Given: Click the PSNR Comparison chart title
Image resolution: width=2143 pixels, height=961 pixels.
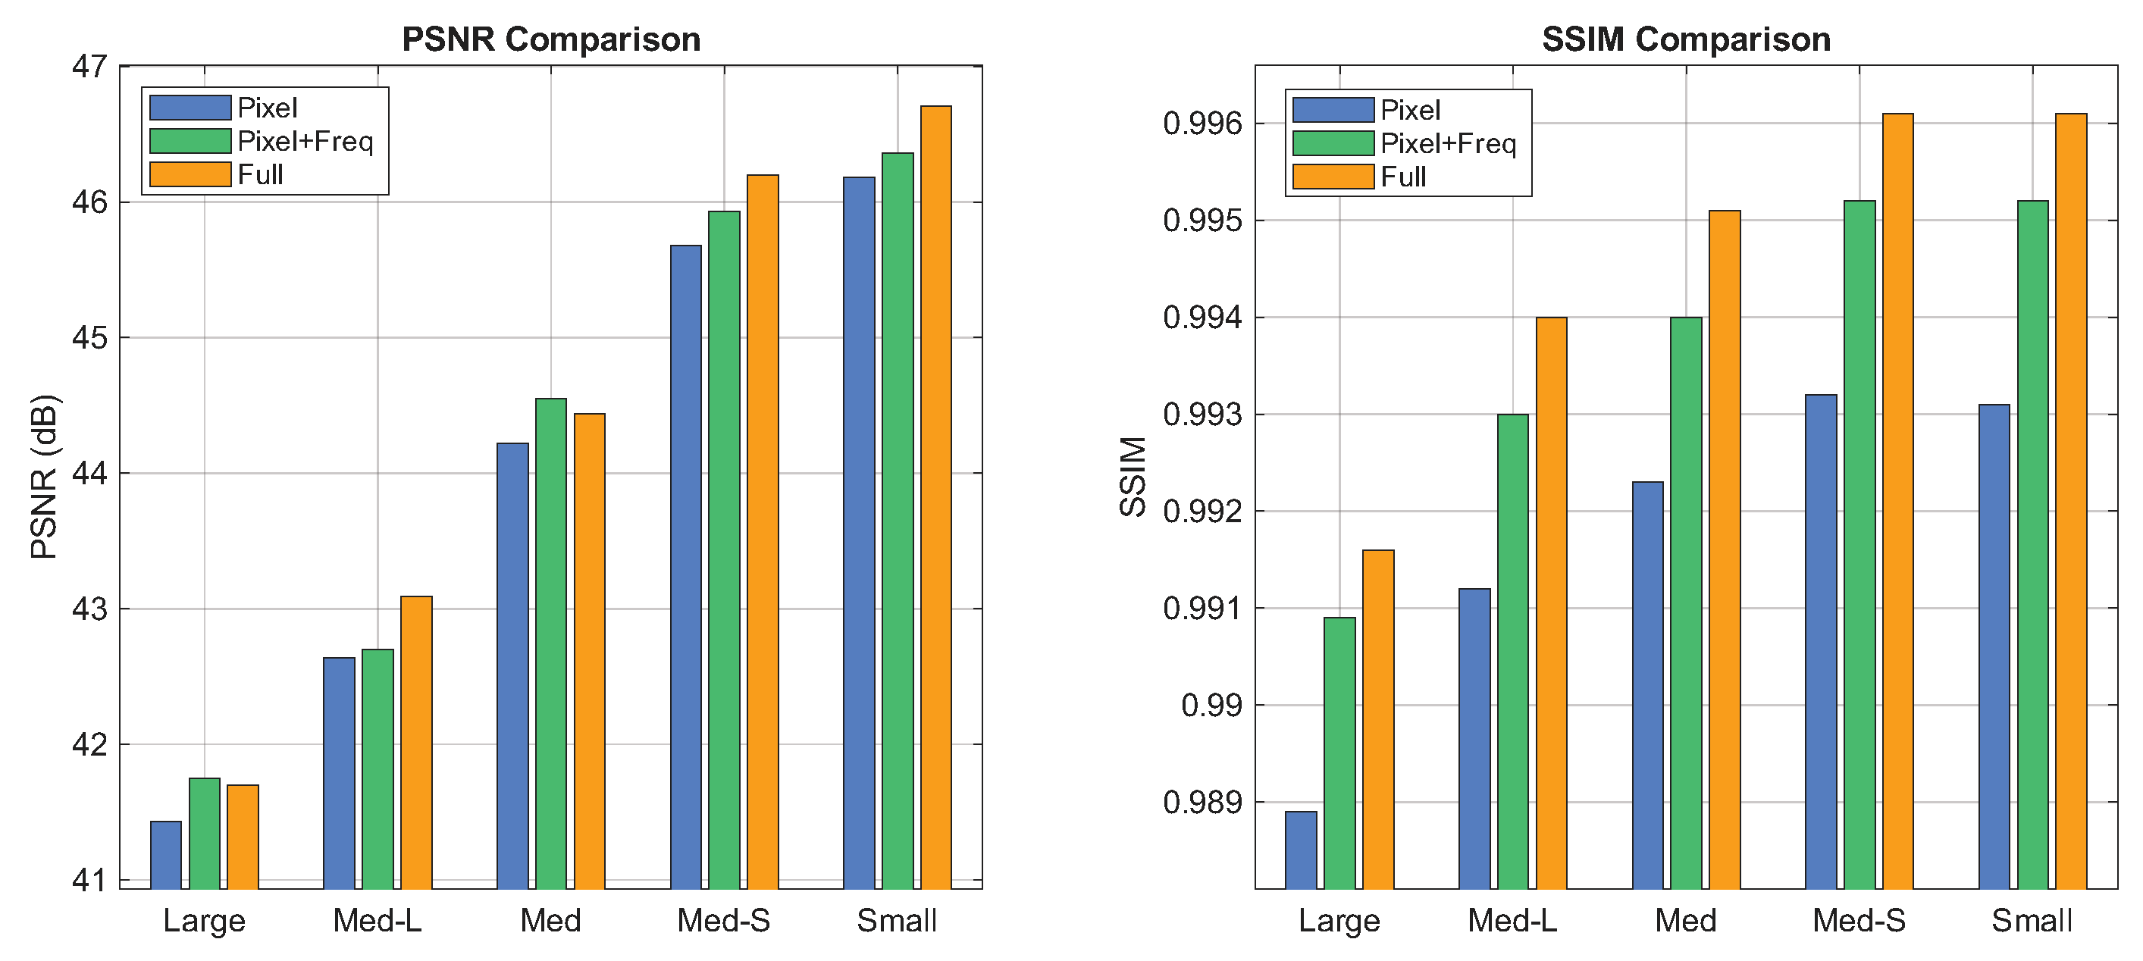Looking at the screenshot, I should pyautogui.click(x=551, y=39).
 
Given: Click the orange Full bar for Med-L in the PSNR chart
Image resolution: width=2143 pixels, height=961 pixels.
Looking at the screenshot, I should pyautogui.click(x=416, y=742).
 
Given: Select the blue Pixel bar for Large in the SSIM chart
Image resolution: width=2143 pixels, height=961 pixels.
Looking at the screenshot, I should pyautogui.click(x=1300, y=850).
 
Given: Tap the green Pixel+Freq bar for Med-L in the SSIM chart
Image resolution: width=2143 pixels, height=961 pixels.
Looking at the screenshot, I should pyautogui.click(x=1512, y=652).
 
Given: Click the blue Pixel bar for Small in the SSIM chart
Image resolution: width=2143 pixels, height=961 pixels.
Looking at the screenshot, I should pyautogui.click(x=1994, y=646).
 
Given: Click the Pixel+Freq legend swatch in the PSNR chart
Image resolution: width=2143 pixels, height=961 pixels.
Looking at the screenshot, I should pyautogui.click(x=190, y=142).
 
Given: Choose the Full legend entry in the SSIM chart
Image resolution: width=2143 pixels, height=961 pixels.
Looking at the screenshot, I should pyautogui.click(x=1402, y=177).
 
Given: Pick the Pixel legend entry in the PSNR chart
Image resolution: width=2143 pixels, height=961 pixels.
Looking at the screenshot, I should pyautogui.click(x=266, y=108).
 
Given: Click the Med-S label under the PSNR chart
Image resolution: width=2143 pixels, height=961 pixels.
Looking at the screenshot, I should pyautogui.click(x=723, y=920).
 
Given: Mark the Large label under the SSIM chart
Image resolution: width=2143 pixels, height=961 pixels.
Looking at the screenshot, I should pyautogui.click(x=1339, y=920).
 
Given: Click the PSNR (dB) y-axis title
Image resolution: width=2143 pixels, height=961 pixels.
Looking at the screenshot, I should pyautogui.click(x=43, y=477).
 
